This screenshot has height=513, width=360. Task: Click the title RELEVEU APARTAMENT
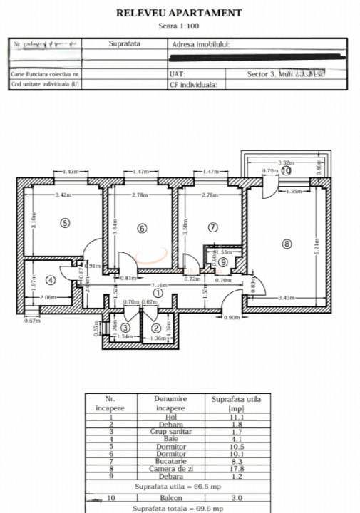[179, 12]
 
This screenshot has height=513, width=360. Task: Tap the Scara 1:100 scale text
[179, 25]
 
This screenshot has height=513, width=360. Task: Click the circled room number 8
[287, 244]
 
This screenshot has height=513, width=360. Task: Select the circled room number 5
[65, 223]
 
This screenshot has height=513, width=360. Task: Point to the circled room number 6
[142, 228]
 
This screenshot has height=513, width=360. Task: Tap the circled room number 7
[212, 227]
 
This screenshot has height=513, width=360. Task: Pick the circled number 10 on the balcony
[286, 171]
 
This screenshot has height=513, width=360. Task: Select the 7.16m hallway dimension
[159, 284]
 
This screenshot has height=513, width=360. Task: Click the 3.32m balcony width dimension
[287, 162]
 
